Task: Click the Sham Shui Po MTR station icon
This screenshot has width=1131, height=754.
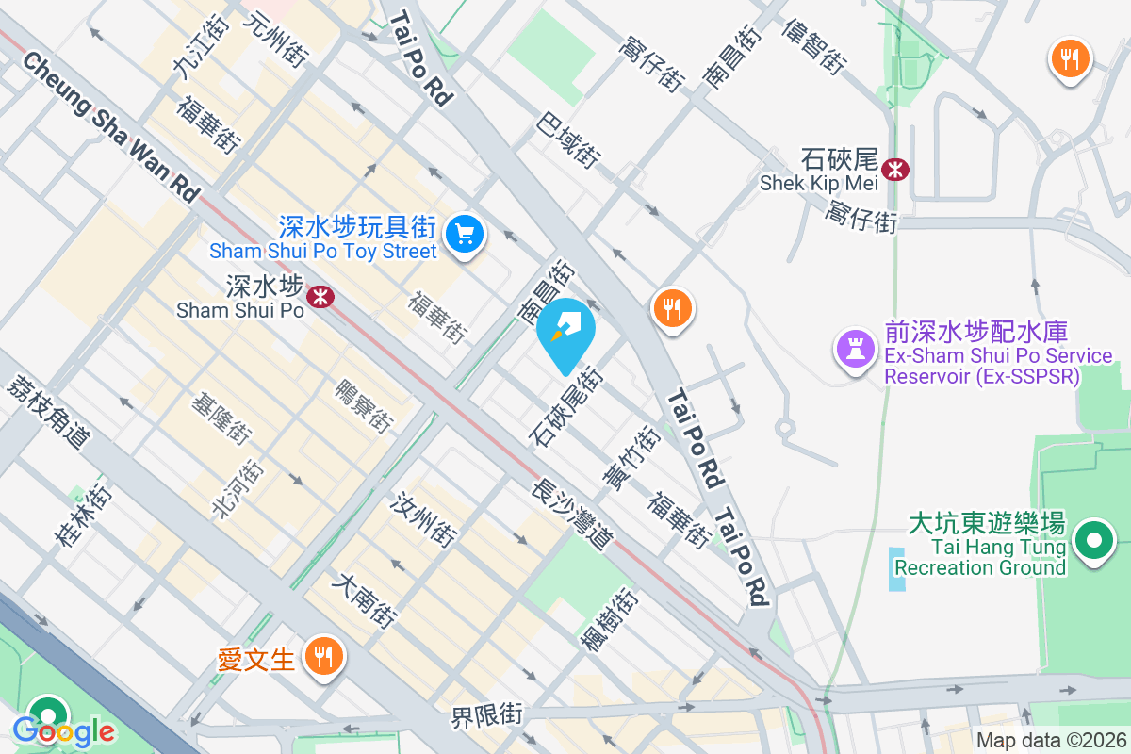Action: coord(322,296)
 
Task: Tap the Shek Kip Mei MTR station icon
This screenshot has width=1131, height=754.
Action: coord(896,169)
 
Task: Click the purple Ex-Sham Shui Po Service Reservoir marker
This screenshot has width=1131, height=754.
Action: coord(855,349)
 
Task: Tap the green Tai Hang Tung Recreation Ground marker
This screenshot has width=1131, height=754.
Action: coord(1093,542)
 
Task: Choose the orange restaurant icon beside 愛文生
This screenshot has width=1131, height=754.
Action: coord(324,656)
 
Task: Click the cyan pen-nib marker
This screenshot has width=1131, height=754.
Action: coord(566,330)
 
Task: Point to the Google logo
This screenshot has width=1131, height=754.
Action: coord(63,729)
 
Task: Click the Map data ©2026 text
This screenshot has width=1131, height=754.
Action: coord(1050,741)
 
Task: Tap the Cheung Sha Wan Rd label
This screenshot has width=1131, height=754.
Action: coord(111,125)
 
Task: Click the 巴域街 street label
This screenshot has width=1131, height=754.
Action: coord(568,140)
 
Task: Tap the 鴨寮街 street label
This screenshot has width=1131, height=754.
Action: coord(364,406)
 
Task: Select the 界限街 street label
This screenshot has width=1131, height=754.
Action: coord(486,715)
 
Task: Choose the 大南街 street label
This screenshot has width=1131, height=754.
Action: coord(364,601)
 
